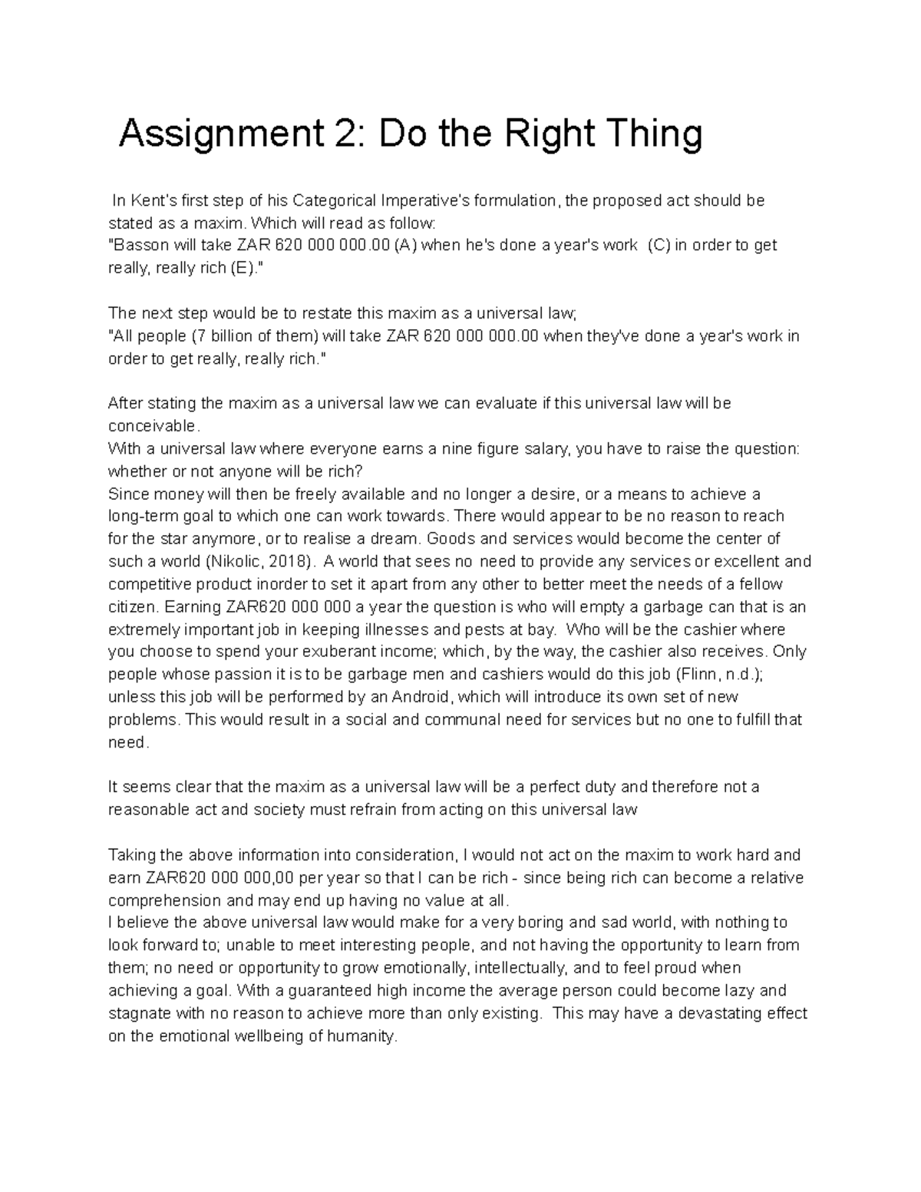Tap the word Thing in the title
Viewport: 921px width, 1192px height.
point(659,135)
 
